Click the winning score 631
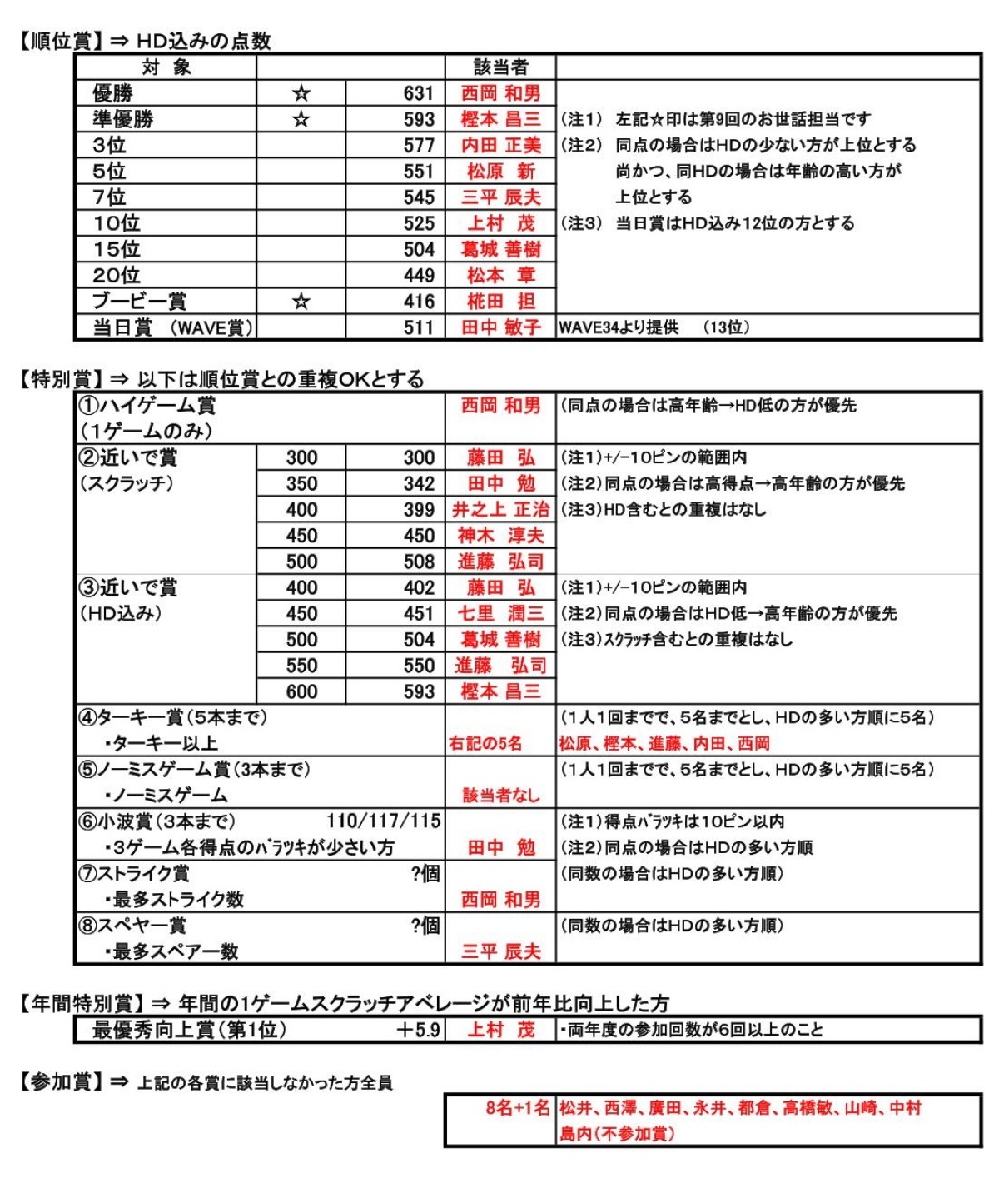(418, 93)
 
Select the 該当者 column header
(500, 67)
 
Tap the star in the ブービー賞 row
(301, 302)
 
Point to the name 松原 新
(500, 172)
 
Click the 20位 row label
(117, 275)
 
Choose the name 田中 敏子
(500, 327)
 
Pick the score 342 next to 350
(418, 483)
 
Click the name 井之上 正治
(500, 509)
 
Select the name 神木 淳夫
(500, 535)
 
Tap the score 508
(418, 562)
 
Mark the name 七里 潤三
(500, 613)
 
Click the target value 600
(301, 691)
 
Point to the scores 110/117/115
(383, 821)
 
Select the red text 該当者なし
(500, 795)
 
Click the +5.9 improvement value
(418, 1030)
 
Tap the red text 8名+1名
(518, 1108)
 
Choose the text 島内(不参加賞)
(617, 1134)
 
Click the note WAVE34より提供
(619, 327)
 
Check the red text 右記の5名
(485, 743)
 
